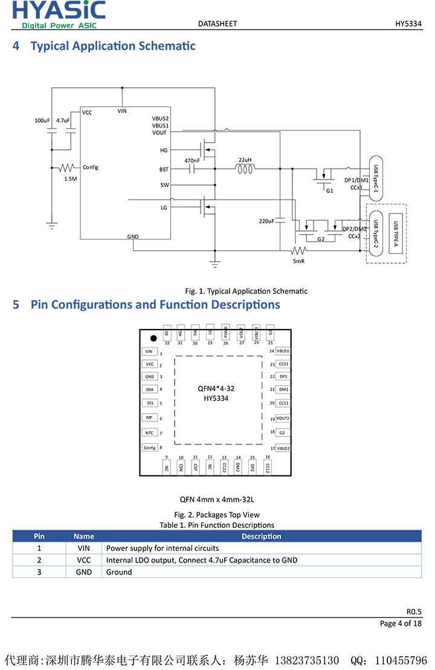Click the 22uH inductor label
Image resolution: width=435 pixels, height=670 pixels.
click(x=245, y=160)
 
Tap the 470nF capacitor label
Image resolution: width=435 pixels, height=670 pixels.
click(x=192, y=160)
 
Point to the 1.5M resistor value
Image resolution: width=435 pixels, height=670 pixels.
click(x=71, y=178)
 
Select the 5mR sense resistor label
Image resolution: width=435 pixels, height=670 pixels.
click(x=298, y=261)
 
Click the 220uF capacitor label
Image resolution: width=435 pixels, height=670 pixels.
click(x=266, y=221)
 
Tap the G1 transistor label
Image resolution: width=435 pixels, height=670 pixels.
click(x=329, y=190)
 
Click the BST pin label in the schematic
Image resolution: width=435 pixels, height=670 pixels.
click(x=164, y=170)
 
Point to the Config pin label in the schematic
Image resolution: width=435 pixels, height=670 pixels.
click(x=91, y=167)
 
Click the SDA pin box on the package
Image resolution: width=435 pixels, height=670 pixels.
click(x=150, y=389)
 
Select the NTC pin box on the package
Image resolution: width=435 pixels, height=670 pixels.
click(x=150, y=432)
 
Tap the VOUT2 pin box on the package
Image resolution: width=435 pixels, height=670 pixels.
click(x=283, y=418)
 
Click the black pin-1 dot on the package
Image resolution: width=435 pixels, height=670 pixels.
click(x=153, y=338)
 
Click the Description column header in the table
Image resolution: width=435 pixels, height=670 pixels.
click(x=261, y=536)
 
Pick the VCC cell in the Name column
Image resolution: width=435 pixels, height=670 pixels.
click(x=84, y=560)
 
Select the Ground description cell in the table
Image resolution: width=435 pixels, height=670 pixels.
click(x=119, y=572)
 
